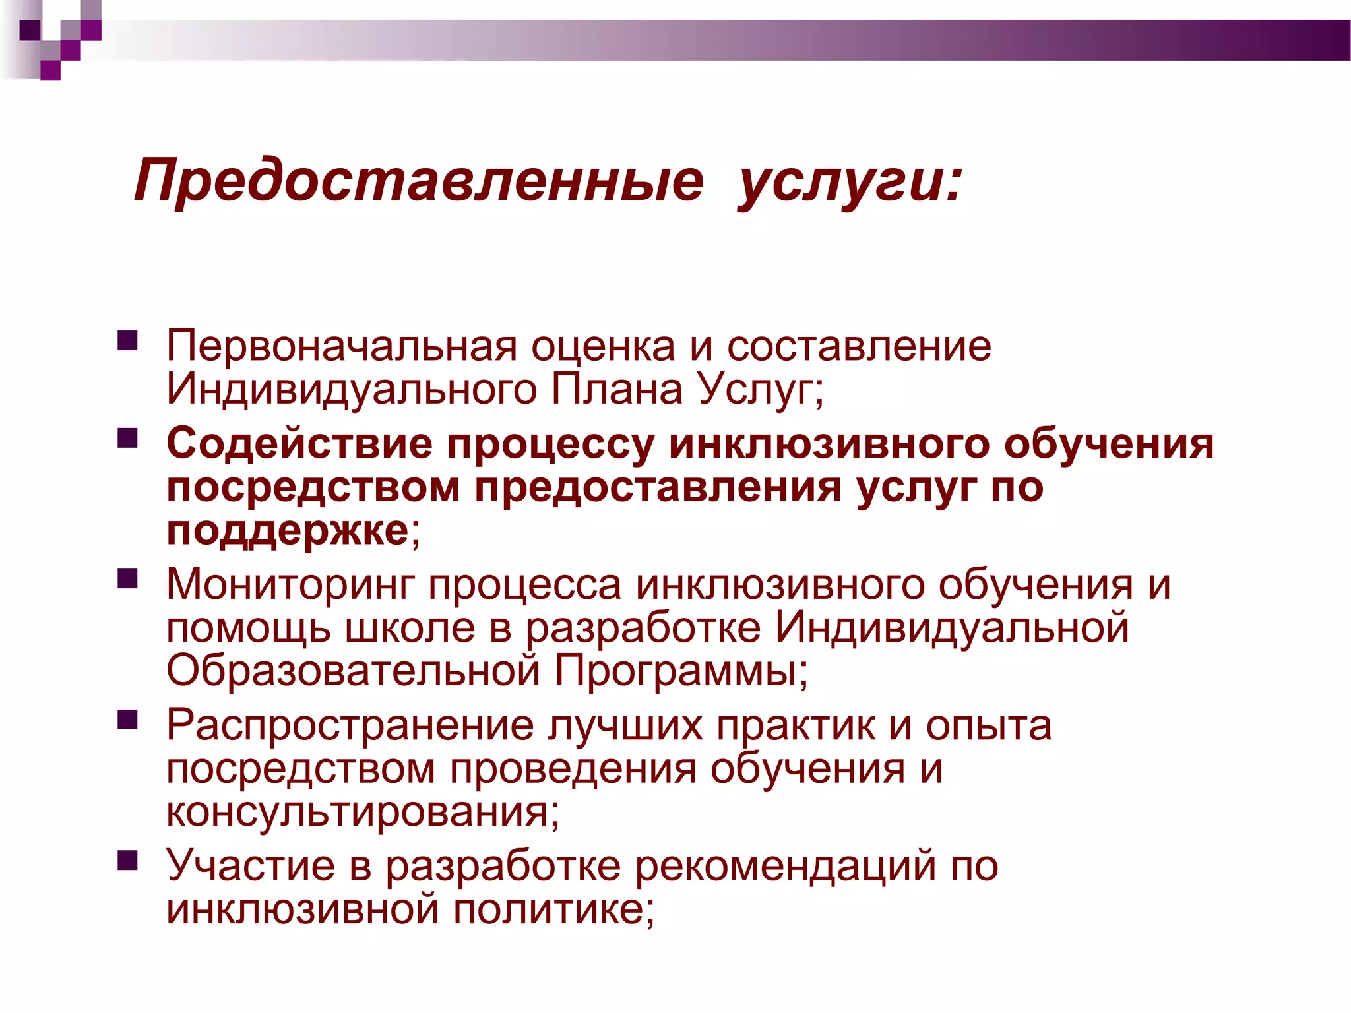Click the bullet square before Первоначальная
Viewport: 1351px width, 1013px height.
[x=127, y=340]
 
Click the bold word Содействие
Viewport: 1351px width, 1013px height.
[x=299, y=443]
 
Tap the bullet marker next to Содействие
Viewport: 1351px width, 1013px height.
[x=127, y=439]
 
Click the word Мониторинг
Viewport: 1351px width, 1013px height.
[x=290, y=584]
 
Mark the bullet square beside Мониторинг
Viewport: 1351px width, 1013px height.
[x=127, y=579]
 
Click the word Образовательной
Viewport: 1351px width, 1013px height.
[x=354, y=671]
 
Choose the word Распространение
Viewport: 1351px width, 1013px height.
[x=350, y=725]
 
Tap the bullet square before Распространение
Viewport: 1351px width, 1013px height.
[x=127, y=720]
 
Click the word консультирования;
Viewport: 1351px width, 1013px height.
[x=363, y=812]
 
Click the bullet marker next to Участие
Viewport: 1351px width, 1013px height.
[x=127, y=861]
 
